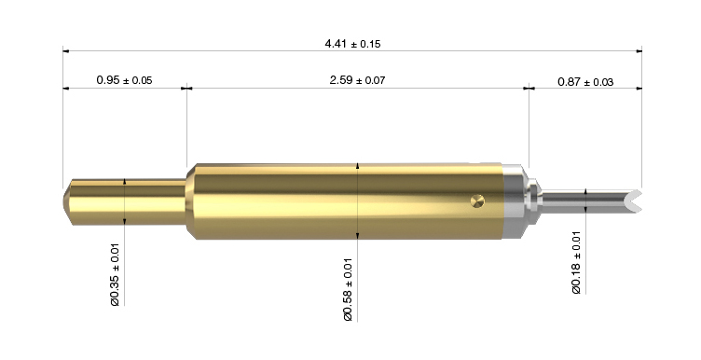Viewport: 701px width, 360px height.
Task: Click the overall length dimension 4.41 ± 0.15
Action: tap(352, 44)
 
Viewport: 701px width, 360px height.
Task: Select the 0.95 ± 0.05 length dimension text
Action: tap(124, 80)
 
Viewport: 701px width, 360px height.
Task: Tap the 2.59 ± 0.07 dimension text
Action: tap(357, 80)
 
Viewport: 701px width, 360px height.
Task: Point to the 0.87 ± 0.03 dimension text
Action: tap(585, 82)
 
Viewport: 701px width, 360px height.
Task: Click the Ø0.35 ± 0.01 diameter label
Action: tap(115, 274)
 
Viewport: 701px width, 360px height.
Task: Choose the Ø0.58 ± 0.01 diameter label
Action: tap(349, 290)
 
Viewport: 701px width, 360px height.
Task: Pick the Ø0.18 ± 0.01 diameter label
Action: tap(576, 262)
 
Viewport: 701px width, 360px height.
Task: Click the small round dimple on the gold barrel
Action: tap(477, 201)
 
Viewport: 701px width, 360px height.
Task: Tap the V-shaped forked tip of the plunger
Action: tap(635, 201)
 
